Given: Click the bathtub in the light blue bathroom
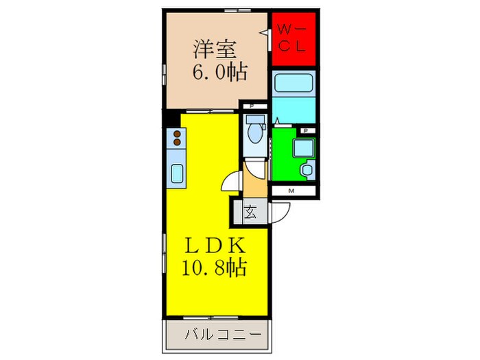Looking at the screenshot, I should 294,84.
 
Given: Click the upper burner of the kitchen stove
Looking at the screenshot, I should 177,134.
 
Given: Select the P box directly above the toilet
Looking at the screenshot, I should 252,106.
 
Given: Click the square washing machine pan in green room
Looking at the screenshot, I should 302,147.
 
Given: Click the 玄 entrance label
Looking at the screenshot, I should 250,213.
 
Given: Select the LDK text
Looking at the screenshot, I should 213,245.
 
